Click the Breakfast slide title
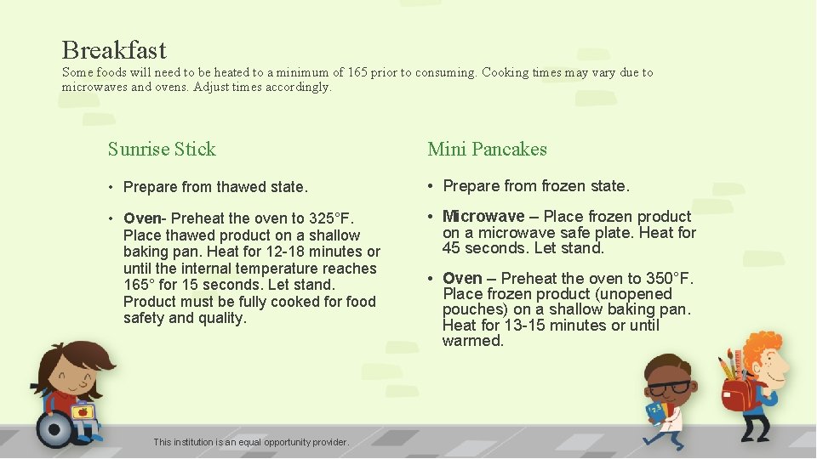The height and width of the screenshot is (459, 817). coord(114,50)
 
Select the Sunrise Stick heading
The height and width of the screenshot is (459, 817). coord(162,150)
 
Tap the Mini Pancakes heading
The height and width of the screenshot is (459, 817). coord(487,150)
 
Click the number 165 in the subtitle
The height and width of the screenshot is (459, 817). coord(358,73)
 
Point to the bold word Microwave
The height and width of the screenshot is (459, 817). coord(483,217)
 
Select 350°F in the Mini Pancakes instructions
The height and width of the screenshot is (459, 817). coord(671,279)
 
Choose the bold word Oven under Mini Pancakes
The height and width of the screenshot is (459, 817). coord(462,279)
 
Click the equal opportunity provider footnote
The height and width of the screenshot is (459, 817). coord(251,442)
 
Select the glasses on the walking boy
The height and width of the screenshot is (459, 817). coord(670,388)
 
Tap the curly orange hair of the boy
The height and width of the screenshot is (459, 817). coord(765,347)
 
